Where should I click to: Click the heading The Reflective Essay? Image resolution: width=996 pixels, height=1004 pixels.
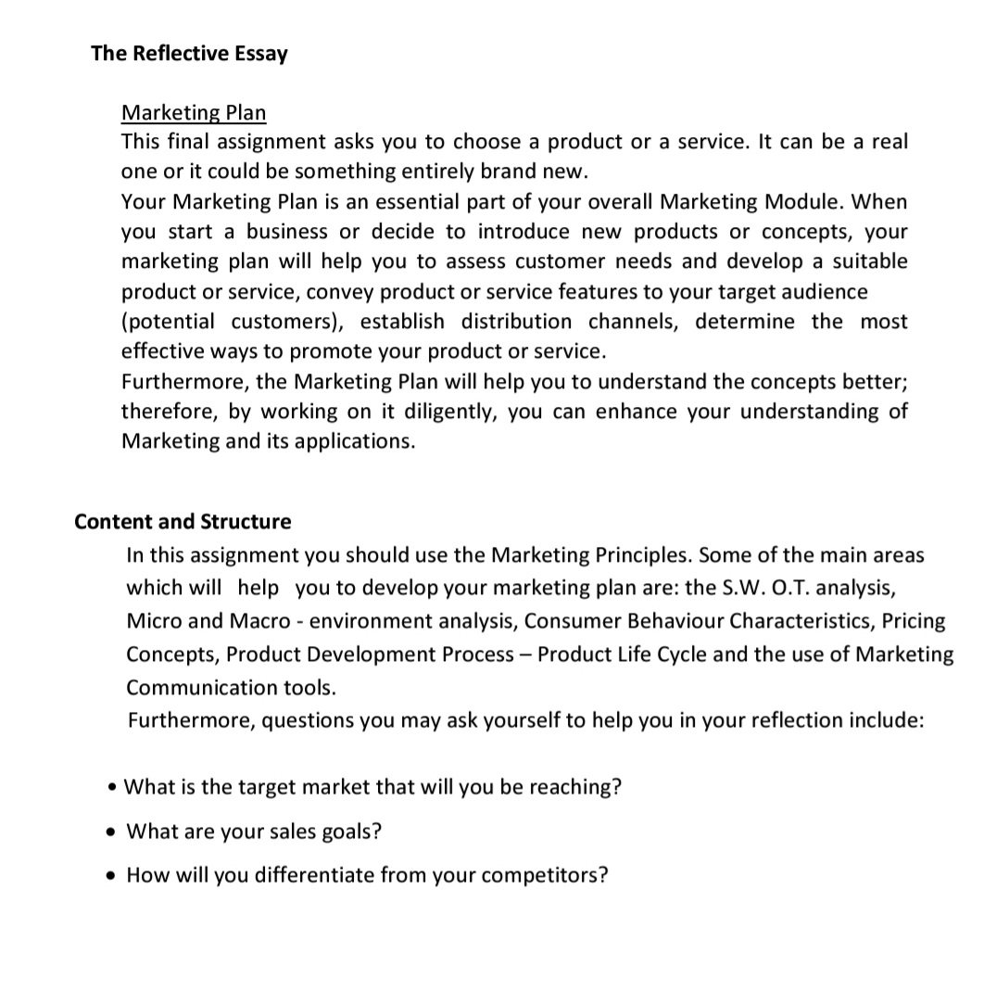[189, 53]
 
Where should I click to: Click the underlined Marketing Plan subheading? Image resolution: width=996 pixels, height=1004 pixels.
[194, 112]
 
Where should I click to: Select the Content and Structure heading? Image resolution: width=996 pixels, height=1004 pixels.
[183, 522]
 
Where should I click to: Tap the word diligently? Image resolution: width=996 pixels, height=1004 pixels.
[445, 412]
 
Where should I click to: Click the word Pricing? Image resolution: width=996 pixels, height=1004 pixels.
[914, 620]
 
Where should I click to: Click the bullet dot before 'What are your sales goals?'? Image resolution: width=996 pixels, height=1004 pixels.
[112, 832]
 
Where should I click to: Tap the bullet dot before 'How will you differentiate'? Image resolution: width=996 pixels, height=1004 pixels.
[112, 875]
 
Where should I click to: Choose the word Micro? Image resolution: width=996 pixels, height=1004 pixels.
[155, 620]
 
